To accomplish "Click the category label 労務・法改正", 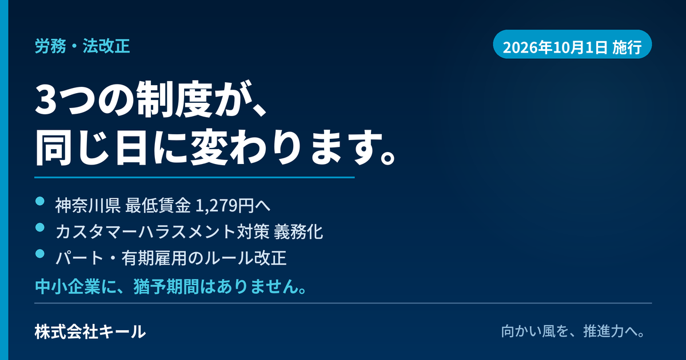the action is [82, 46].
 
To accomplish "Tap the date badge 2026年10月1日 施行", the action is [572, 45].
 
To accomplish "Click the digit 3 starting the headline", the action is [46, 100].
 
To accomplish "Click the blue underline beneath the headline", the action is [194, 177].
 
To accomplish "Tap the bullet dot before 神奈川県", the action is [40, 201].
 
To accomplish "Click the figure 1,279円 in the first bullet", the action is [225, 205].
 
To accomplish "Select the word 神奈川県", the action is [88, 205].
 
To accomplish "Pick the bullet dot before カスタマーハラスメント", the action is [40, 227].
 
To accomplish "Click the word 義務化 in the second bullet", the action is [298, 232].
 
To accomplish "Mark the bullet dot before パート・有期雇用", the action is [40, 254].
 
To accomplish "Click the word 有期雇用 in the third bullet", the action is [154, 258].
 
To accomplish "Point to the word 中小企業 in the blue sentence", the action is [67, 286].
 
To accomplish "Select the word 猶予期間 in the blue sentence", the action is [166, 286].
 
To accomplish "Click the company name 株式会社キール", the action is [90, 332].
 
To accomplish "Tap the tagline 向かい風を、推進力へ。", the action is [573, 331].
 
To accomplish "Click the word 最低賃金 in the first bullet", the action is [158, 205].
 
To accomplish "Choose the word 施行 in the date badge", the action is [627, 47].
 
